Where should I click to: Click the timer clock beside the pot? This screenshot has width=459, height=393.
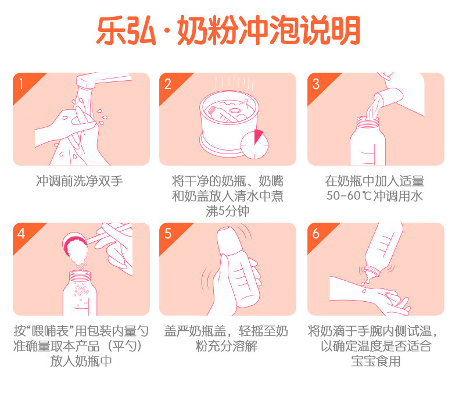click(x=254, y=144)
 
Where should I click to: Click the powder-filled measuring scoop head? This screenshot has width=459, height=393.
click(x=75, y=247)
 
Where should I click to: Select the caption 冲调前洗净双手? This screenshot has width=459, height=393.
click(x=80, y=181)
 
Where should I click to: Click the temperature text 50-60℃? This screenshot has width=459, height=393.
click(x=349, y=196)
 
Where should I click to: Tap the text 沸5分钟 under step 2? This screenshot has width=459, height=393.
click(x=227, y=211)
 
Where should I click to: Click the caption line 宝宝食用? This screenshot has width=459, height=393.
click(x=375, y=361)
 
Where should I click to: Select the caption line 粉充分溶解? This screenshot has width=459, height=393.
click(x=226, y=346)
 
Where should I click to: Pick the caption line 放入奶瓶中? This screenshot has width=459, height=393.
click(x=81, y=361)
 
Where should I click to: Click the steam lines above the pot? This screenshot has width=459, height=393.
click(x=234, y=84)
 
